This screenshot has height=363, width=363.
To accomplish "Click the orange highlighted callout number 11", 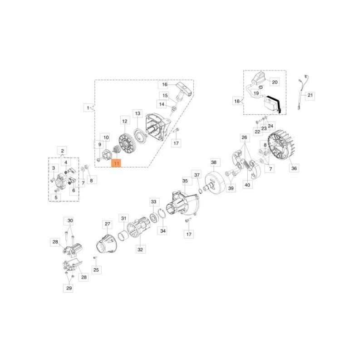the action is [x=117, y=163].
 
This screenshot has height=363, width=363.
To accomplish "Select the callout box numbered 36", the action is [x=294, y=168].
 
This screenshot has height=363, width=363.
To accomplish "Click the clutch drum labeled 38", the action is [x=214, y=182].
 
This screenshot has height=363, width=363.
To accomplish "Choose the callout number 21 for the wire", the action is [x=310, y=95].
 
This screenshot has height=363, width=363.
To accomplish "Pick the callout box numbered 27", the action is [x=107, y=224].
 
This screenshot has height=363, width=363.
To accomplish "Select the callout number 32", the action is [x=141, y=249].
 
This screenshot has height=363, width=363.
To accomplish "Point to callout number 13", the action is [x=137, y=113].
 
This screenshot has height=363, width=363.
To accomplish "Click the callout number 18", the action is [x=237, y=101].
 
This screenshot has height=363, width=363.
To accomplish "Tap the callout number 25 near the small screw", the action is [x=96, y=270].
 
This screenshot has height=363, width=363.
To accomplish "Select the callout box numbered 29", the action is [x=69, y=288].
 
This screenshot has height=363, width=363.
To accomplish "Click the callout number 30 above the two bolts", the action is [x=70, y=221].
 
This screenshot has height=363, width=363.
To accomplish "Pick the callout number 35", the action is [x=185, y=181].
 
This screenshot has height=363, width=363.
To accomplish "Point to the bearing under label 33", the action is [x=154, y=217].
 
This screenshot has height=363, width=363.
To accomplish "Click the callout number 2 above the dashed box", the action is [x=62, y=151].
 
